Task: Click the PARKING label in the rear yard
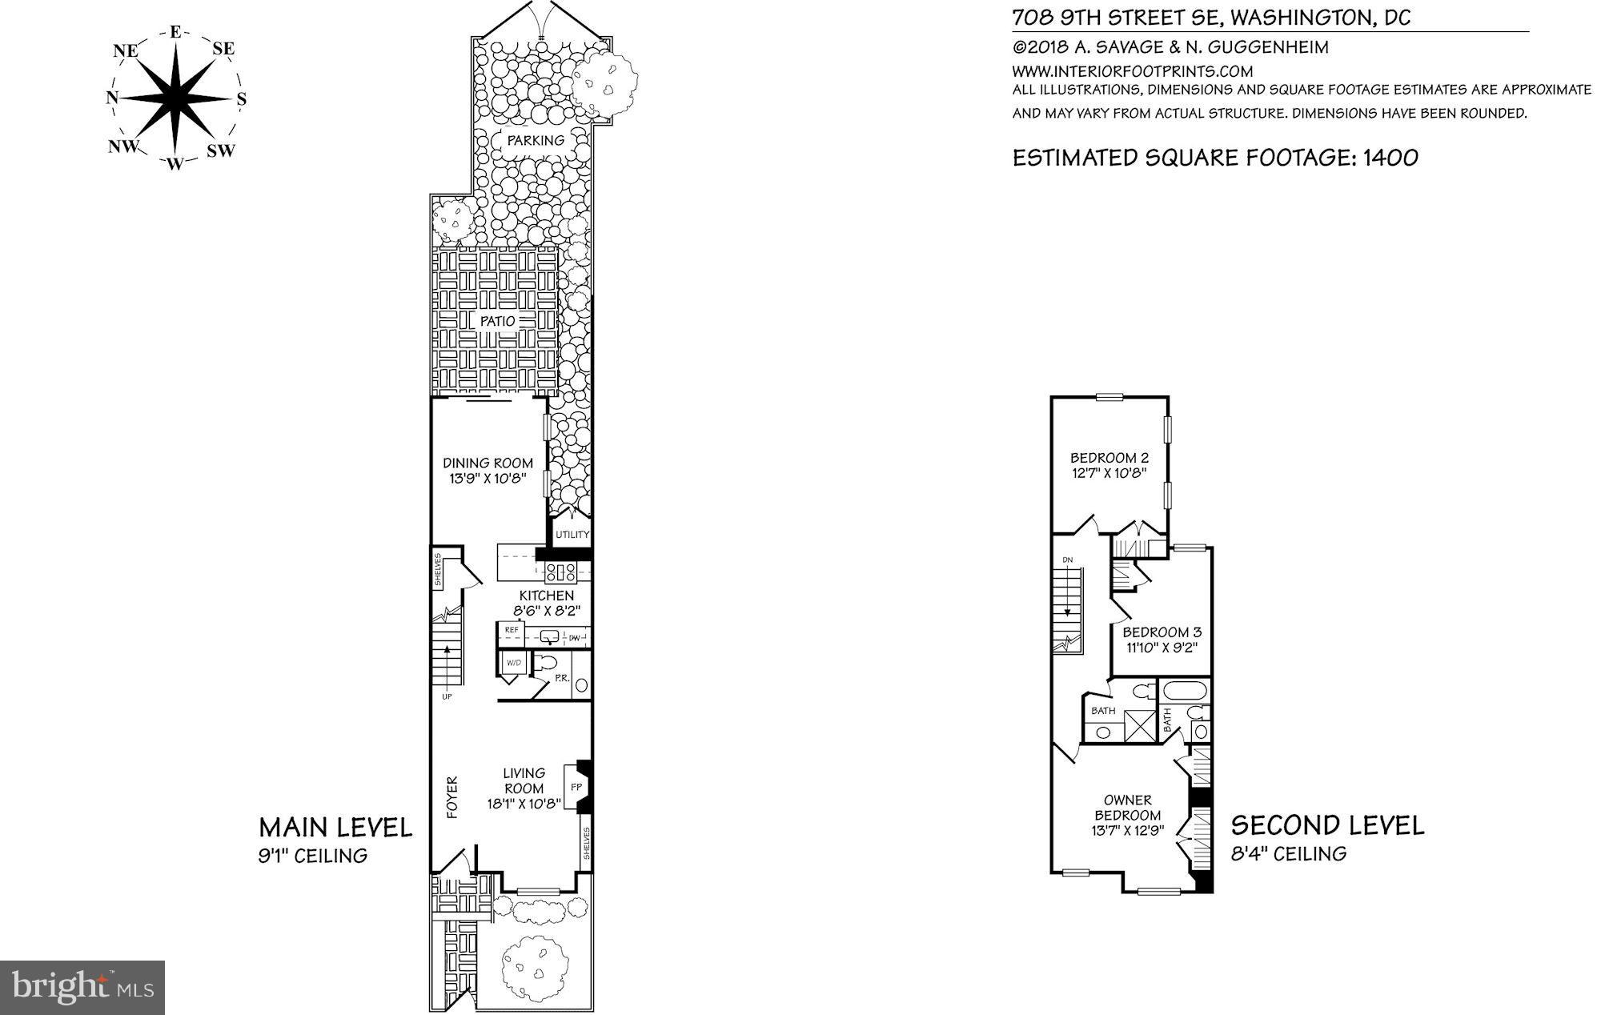click(536, 140)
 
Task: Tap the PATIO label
click(497, 321)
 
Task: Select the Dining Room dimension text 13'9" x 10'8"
click(488, 479)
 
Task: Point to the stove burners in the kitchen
click(561, 572)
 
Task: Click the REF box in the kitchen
click(512, 630)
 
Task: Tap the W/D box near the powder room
click(513, 663)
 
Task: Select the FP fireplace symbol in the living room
click(576, 787)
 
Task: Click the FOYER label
click(451, 796)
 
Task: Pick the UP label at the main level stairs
click(446, 696)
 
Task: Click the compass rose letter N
click(112, 98)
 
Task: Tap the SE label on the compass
click(223, 49)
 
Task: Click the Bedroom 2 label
click(1109, 458)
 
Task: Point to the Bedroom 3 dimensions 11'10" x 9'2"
click(1161, 648)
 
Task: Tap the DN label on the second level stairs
click(1067, 560)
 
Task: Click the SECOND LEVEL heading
click(1327, 825)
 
